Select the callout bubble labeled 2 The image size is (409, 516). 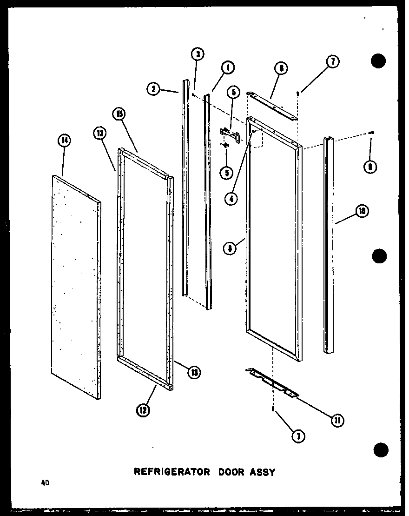pyautogui.click(x=153, y=88)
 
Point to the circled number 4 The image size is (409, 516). pyautogui.click(x=231, y=198)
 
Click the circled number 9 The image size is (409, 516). pyautogui.click(x=370, y=167)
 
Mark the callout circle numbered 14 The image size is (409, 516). pyautogui.click(x=65, y=140)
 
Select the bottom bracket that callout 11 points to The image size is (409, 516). pyautogui.click(x=272, y=381)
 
